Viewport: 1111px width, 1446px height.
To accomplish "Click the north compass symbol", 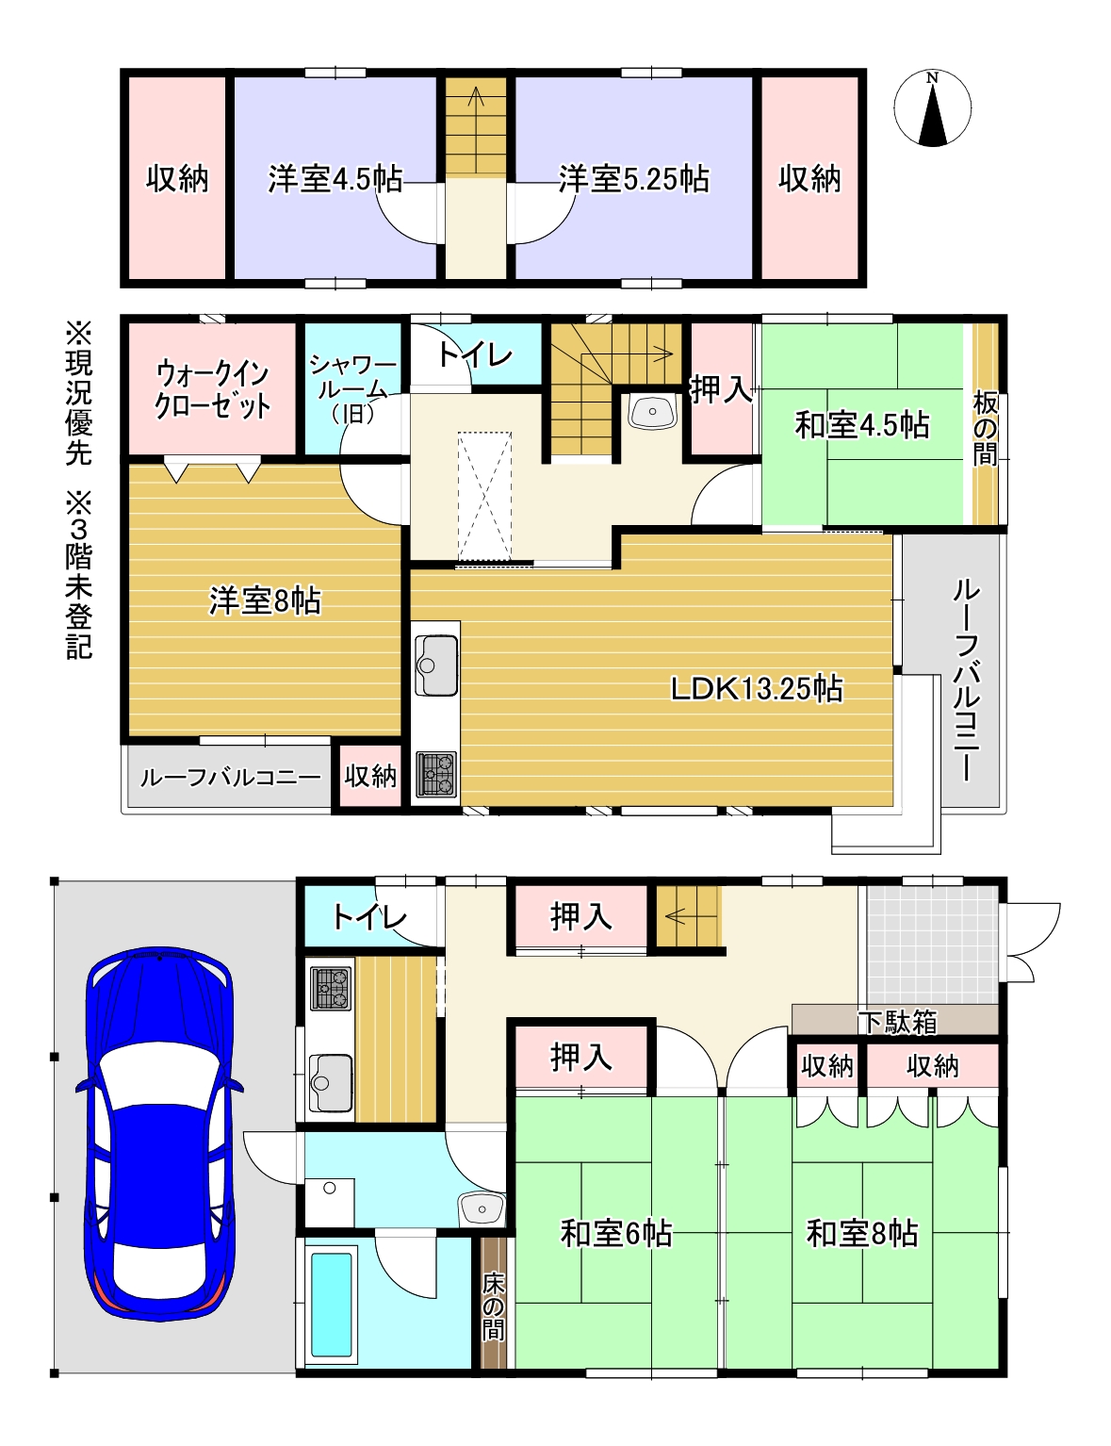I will (932, 108).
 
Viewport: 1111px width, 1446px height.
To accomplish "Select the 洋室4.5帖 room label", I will (335, 178).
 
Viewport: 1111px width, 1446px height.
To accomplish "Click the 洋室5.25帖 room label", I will (633, 178).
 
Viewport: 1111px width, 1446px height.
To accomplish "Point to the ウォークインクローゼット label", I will (213, 389).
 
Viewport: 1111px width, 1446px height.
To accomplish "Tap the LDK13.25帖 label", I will (756, 688).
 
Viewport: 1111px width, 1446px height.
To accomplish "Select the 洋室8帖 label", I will (265, 600).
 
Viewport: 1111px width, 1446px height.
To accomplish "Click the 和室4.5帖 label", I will (861, 425).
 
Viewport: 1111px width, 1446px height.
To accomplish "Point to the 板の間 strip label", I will (985, 429).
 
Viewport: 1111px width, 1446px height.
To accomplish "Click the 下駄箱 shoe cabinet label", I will (896, 1021).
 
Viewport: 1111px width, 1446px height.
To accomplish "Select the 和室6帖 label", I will (616, 1232).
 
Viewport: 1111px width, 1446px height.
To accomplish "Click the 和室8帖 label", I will (861, 1232).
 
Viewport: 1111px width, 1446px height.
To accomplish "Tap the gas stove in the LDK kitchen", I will (436, 773).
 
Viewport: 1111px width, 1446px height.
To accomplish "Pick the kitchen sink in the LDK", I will (436, 665).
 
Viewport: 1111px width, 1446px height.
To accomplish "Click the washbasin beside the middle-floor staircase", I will (651, 412).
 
